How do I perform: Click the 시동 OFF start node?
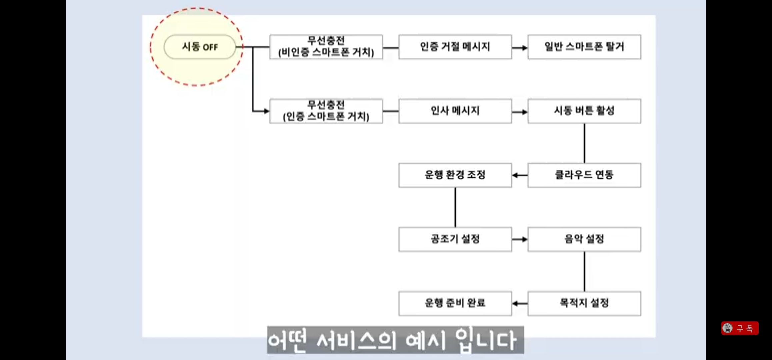coord(200,47)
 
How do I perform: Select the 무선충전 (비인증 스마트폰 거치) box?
coord(326,47)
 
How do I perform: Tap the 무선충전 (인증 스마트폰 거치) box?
coord(326,111)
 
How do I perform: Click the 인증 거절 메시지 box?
coord(455,47)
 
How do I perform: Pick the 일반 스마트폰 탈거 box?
coord(584,47)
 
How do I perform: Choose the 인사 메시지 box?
coord(455,111)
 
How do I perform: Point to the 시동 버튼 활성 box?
coord(584,111)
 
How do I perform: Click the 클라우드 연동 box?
coord(584,175)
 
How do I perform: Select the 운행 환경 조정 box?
coord(455,175)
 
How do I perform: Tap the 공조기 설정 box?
coord(455,239)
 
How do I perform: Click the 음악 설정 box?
coord(584,239)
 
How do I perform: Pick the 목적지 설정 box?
coord(584,303)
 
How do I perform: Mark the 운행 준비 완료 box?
coord(455,303)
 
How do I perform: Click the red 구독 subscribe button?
coord(740,328)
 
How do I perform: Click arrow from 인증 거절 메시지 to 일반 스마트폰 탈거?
coord(520,48)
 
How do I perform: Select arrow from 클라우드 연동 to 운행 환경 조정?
coord(520,175)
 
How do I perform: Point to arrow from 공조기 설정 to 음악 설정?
coord(520,239)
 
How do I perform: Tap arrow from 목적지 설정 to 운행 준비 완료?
coord(520,303)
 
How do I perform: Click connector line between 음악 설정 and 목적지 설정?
coord(584,272)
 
